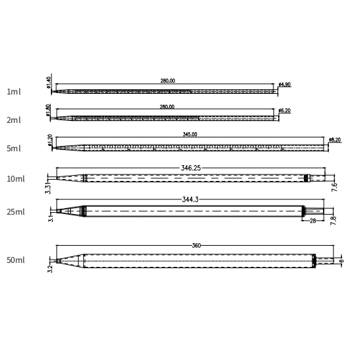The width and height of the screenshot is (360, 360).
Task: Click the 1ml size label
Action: pyautogui.click(x=14, y=92)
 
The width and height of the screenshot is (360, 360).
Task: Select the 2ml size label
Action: pyautogui.click(x=14, y=120)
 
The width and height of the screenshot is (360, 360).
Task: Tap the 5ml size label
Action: pyautogui.click(x=14, y=149)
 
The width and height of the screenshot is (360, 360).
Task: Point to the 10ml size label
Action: pyautogui.click(x=16, y=179)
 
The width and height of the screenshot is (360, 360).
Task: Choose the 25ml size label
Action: pyautogui.click(x=16, y=211)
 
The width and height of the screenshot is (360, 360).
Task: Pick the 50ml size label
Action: pyautogui.click(x=16, y=261)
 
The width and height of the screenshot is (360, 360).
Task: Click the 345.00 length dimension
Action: pyautogui.click(x=190, y=134)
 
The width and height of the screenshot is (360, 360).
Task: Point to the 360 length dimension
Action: pyautogui.click(x=196, y=246)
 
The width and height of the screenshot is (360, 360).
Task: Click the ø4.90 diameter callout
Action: pyautogui.click(x=285, y=85)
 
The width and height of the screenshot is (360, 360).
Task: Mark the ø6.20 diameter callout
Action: pyautogui.click(x=285, y=110)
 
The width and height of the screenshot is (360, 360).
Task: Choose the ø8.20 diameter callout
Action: pyautogui.click(x=336, y=140)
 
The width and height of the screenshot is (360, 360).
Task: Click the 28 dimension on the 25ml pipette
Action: pyautogui.click(x=312, y=220)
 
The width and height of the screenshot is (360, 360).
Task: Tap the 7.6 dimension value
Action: pyautogui.click(x=335, y=187)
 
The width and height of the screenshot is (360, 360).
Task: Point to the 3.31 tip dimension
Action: pyautogui.click(x=48, y=186)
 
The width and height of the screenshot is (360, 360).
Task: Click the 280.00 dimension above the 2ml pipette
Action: pyautogui.click(x=167, y=106)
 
